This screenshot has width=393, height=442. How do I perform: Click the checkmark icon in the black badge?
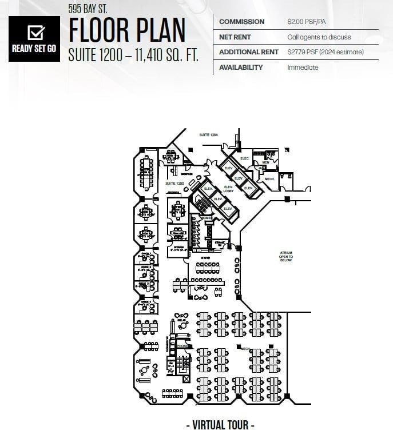pos(35,32)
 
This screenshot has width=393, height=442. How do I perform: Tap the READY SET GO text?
pos(34,49)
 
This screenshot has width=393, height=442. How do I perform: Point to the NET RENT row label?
pos(233,37)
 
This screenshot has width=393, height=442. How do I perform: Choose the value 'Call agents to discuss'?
pos(319,37)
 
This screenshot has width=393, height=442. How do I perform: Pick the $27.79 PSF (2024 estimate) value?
pos(325,52)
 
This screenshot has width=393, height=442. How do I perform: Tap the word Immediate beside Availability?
pos(303,67)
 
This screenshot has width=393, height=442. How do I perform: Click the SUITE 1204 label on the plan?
pos(208,135)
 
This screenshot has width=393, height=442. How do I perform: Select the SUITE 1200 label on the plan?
pos(174,184)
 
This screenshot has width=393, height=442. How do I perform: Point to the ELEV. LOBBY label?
pos(228,189)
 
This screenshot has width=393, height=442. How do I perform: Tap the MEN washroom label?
pos(265,162)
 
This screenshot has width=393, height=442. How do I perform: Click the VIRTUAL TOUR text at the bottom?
pos(220,425)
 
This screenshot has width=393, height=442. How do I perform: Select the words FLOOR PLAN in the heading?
pos(127,30)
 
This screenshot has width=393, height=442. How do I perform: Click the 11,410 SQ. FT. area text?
pos(169,55)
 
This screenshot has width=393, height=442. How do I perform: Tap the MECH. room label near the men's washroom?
pos(269,179)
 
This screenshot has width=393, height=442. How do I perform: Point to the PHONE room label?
pos(182,346)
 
